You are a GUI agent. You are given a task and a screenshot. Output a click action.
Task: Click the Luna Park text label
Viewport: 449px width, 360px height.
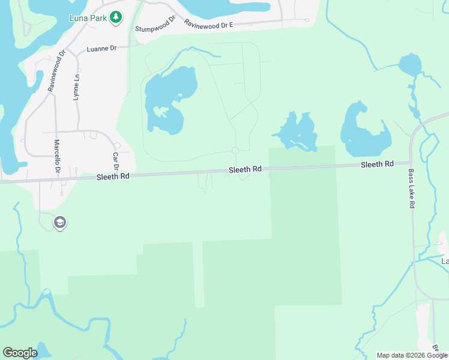(x=88, y=18)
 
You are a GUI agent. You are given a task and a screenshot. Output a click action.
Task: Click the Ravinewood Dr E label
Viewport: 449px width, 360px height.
(x=208, y=24)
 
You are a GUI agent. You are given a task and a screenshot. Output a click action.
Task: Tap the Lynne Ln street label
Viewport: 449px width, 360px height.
(x=77, y=87)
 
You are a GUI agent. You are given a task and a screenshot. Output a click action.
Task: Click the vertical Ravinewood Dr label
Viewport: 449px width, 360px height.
(x=52, y=74)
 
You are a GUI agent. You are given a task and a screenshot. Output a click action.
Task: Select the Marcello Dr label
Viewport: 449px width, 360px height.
(x=58, y=157)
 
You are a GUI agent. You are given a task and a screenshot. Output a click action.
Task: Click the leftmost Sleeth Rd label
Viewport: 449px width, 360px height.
(x=113, y=176)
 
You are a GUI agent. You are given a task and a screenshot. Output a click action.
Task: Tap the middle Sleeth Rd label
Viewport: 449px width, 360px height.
(x=245, y=170)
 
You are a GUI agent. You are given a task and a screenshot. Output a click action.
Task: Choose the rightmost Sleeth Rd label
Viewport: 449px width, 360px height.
(x=377, y=164)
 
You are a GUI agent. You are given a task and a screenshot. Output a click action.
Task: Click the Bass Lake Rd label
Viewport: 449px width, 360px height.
(x=412, y=189)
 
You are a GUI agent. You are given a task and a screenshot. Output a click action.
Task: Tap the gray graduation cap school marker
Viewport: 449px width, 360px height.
(x=59, y=223)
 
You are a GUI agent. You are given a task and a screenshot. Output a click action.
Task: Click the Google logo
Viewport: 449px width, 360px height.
(x=20, y=353)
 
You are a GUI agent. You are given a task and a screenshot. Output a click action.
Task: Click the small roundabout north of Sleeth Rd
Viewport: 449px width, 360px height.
(x=235, y=151)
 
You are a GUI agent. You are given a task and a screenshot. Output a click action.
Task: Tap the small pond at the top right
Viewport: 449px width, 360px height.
(x=409, y=64)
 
